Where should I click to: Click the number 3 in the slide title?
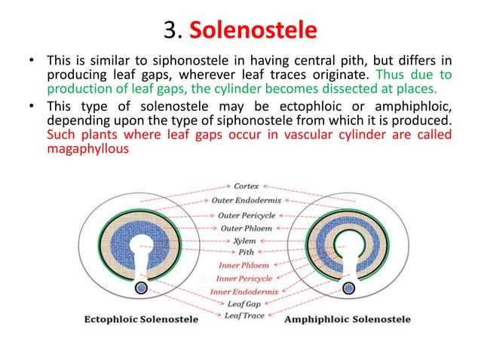(169, 32)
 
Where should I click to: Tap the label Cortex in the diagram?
(247, 185)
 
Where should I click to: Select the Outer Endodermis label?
(244, 200)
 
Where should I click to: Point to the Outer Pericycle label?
(247, 215)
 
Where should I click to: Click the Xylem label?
(244, 241)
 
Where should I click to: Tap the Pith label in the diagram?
(247, 252)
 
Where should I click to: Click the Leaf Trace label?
(244, 316)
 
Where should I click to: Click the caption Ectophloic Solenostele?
(141, 319)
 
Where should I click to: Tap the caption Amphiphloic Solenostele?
(348, 319)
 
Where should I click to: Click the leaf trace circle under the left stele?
(141, 287)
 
